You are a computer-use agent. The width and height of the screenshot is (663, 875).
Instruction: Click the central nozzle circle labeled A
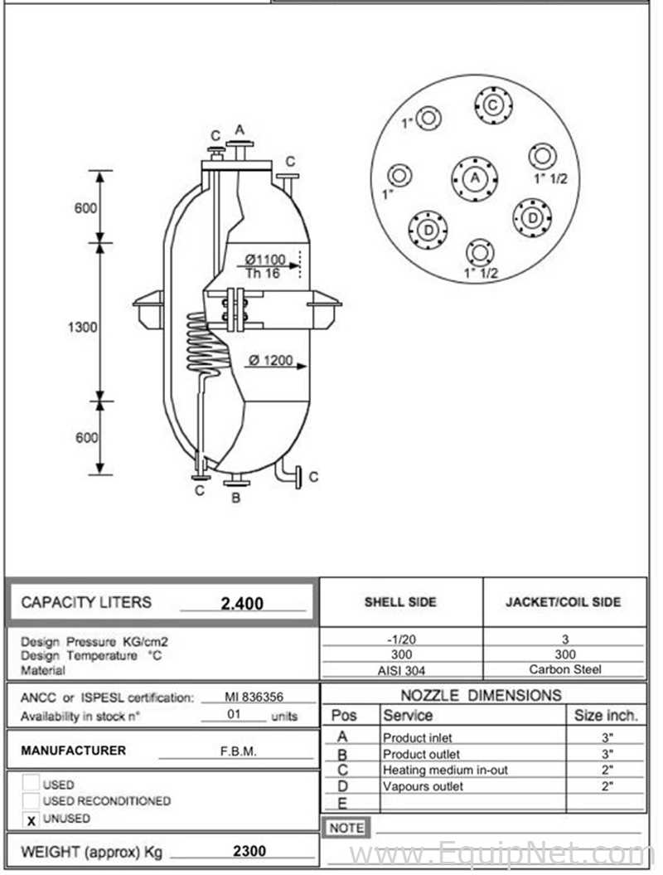(x=475, y=178)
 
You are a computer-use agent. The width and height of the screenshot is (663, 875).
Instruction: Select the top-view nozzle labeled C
(x=493, y=105)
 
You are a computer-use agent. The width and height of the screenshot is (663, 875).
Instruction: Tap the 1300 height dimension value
(x=83, y=327)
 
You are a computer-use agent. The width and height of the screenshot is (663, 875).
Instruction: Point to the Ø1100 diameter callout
(x=265, y=260)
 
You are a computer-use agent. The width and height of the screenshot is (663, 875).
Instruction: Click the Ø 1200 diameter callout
(x=271, y=360)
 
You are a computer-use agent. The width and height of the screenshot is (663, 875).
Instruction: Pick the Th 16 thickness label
(x=263, y=274)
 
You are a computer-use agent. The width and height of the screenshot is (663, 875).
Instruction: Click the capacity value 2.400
(x=242, y=603)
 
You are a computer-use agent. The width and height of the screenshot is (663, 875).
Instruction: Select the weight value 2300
(x=249, y=851)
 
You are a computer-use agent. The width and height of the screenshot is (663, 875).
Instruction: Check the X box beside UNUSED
(x=31, y=819)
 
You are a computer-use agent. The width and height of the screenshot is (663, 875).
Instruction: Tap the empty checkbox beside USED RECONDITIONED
(x=31, y=800)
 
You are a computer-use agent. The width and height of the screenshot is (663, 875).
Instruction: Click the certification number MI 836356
(x=254, y=697)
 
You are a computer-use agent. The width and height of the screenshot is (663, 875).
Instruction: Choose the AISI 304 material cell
(x=401, y=670)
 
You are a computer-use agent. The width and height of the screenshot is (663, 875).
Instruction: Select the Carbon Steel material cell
(x=565, y=669)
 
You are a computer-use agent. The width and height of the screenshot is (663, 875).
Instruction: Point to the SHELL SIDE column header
(x=400, y=602)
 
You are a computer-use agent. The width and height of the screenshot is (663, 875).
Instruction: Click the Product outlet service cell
(x=421, y=754)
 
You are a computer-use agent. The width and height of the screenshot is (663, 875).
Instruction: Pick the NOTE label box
(x=346, y=828)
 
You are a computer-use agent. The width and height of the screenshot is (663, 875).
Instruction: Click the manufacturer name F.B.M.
(x=238, y=751)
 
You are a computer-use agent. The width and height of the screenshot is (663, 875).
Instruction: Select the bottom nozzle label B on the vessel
(x=236, y=497)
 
